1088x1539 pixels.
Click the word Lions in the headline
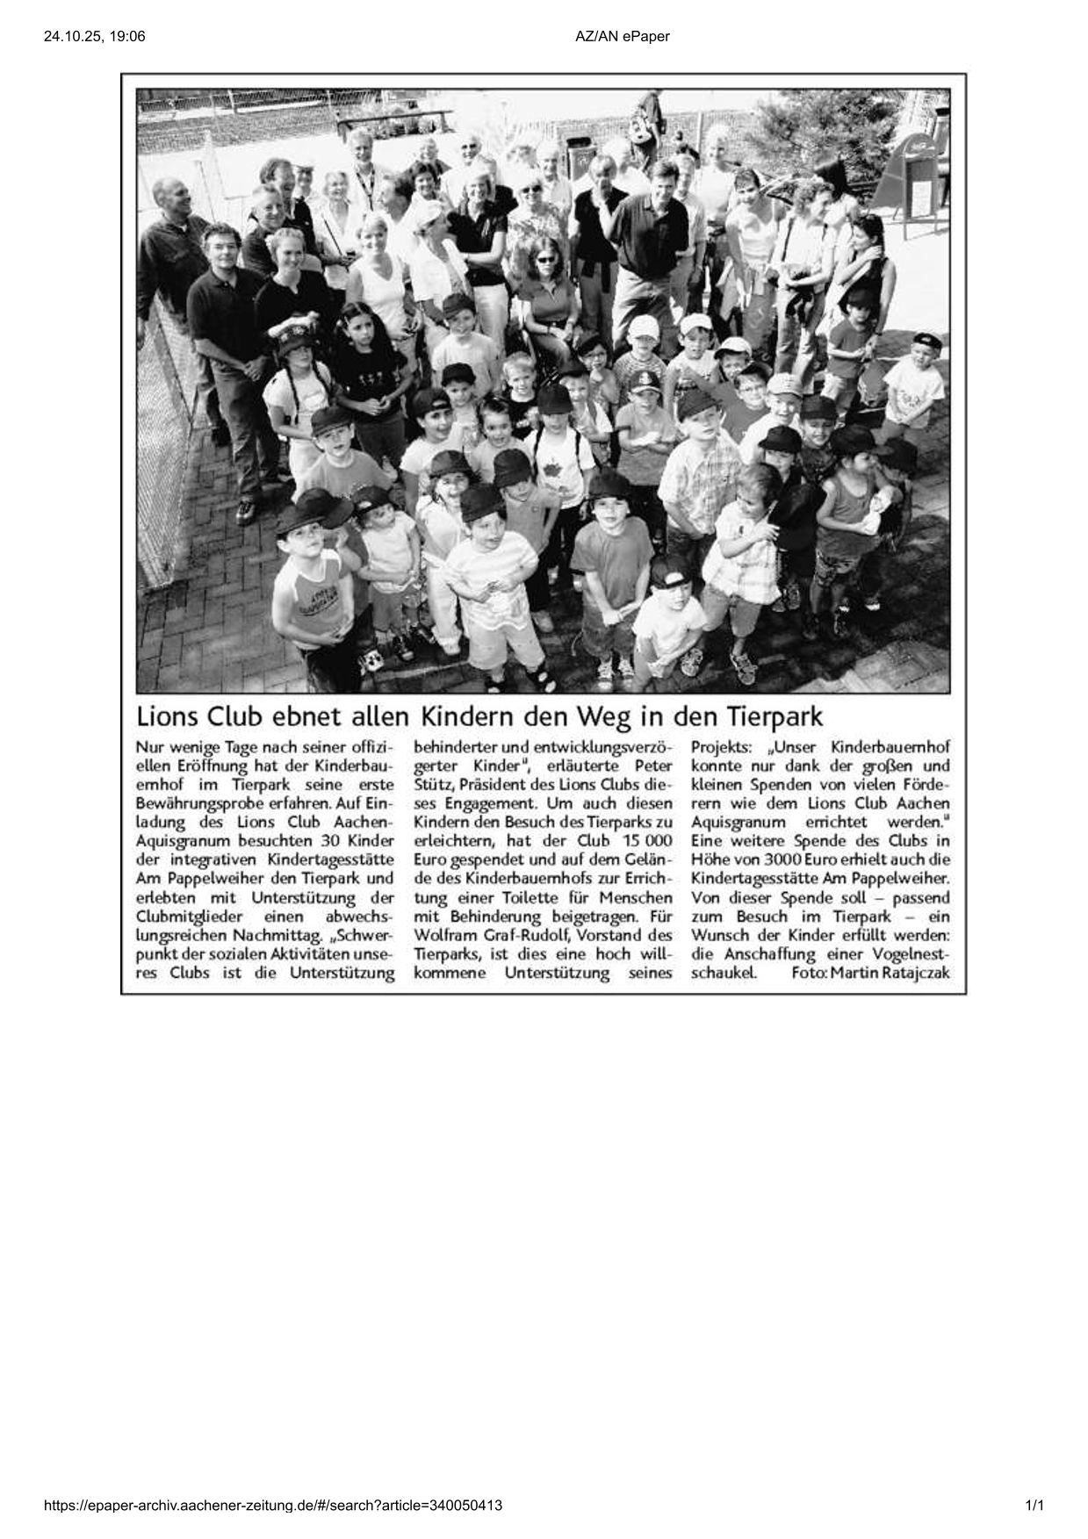pos(167,716)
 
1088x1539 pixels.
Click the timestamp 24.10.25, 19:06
pos(94,36)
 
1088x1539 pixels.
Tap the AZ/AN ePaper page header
pos(622,36)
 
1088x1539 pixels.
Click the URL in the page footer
pos(273,1506)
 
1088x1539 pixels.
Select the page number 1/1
pos(1034,1506)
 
